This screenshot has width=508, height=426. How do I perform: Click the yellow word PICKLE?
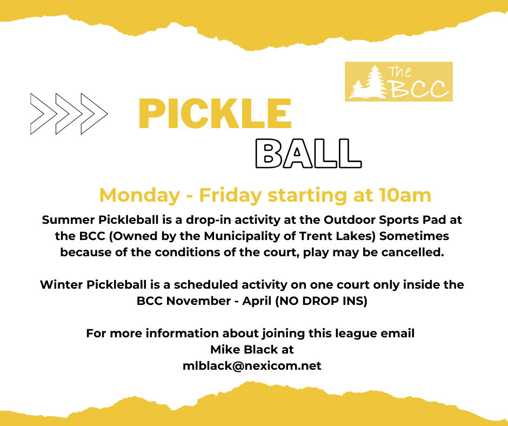(215, 114)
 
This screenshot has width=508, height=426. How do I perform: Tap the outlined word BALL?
(309, 154)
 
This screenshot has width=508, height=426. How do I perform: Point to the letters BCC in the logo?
(419, 89)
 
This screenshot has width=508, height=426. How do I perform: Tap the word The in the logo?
(399, 72)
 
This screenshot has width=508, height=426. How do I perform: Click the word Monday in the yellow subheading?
(139, 196)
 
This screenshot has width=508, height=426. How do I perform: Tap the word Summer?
(68, 220)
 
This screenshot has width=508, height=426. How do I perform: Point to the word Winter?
(61, 285)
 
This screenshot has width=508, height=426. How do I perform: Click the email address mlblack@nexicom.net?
(252, 365)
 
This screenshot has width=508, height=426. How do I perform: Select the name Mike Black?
(244, 349)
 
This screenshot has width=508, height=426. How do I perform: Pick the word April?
(257, 301)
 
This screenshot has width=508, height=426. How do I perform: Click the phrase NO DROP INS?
(322, 301)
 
